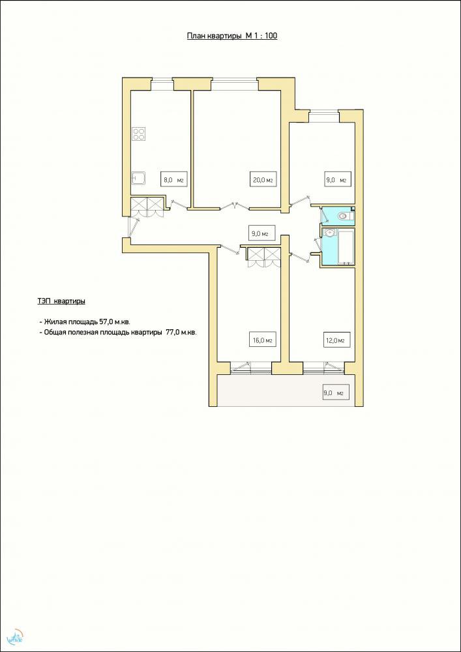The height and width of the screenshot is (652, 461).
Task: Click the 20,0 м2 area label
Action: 263,180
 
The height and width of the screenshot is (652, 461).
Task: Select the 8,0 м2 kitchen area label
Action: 173,180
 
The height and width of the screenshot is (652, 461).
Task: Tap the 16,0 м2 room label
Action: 262,340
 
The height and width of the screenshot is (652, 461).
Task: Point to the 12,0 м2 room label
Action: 335,340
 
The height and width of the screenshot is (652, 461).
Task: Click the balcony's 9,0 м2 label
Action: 335,393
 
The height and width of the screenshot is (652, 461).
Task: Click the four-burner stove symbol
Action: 139,134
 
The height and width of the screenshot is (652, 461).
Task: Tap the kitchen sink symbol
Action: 138,179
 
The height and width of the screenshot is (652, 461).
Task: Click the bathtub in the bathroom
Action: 346,247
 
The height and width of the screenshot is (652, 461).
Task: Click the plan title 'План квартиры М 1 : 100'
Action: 232,36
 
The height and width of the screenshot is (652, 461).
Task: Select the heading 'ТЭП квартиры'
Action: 61,301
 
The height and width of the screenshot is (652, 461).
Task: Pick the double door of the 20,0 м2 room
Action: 235,205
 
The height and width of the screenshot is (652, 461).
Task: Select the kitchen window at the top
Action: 162,83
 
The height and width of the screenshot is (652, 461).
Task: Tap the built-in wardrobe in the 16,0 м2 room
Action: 263,256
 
